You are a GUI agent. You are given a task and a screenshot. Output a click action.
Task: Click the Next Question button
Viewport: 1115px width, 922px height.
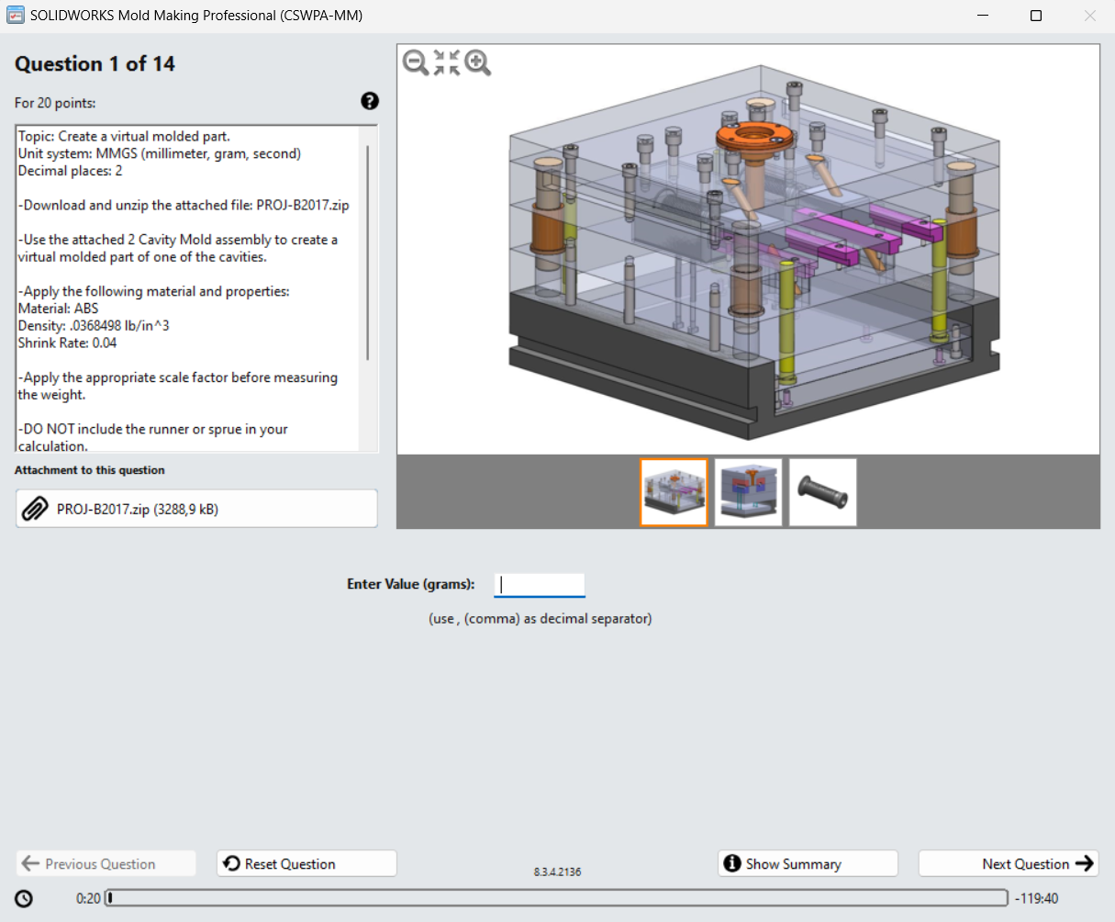click(x=1008, y=863)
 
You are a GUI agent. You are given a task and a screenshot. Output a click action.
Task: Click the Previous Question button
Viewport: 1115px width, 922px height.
click(x=106, y=863)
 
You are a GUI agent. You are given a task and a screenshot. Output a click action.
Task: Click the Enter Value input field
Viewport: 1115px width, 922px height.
click(x=539, y=584)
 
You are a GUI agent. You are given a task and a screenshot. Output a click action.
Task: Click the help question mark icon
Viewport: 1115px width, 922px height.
click(x=370, y=101)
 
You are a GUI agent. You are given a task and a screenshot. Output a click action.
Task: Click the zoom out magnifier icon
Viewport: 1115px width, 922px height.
click(x=416, y=62)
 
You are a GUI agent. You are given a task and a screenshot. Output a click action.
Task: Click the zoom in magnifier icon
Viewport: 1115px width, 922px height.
click(x=477, y=62)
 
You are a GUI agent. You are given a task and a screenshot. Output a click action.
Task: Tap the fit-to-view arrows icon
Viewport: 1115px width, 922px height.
click(x=447, y=62)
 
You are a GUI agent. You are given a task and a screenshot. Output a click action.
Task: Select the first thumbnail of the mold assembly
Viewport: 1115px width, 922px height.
click(x=674, y=492)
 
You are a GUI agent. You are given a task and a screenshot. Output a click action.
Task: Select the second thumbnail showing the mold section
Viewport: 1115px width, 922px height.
click(x=748, y=492)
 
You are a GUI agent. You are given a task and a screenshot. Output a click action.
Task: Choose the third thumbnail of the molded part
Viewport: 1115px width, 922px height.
click(x=822, y=492)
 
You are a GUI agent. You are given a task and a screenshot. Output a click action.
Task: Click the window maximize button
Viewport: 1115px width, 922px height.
click(x=1036, y=16)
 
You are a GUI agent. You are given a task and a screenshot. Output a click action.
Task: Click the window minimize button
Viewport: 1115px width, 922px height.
click(x=983, y=16)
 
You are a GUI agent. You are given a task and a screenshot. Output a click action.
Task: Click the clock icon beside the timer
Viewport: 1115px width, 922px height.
click(x=24, y=898)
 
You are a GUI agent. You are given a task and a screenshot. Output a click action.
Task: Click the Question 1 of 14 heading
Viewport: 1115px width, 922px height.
click(x=95, y=64)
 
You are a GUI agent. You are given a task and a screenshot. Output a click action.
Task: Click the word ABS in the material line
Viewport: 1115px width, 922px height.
click(x=85, y=309)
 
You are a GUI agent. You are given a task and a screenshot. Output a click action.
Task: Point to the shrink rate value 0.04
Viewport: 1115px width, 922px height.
click(x=105, y=343)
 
